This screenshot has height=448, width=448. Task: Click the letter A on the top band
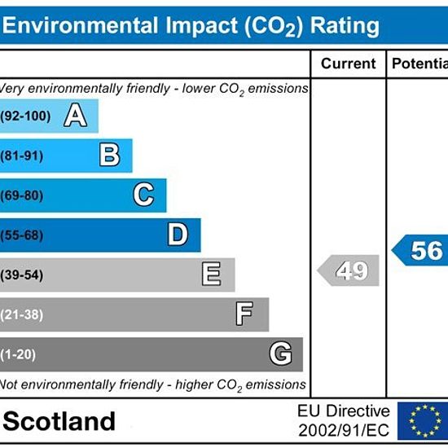(76, 115)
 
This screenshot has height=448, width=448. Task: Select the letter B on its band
(110, 155)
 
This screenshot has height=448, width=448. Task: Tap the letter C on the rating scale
(144, 195)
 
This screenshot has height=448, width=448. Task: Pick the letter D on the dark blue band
(178, 235)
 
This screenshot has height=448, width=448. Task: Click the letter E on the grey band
(212, 274)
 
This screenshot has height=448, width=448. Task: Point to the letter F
(244, 314)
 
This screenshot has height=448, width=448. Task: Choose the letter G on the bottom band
(281, 354)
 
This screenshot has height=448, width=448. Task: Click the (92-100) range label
(25, 116)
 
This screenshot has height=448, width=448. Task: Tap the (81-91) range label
(22, 156)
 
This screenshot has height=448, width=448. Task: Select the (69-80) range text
(22, 195)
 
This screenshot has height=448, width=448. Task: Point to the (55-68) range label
(22, 235)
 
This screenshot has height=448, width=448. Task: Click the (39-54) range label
(22, 275)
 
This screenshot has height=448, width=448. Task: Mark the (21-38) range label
(22, 315)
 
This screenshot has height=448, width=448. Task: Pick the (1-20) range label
(18, 354)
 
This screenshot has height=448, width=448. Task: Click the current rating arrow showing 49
(349, 270)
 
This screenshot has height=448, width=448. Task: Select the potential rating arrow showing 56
(419, 250)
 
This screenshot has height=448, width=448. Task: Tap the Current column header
(349, 64)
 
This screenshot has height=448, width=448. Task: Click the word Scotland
(59, 421)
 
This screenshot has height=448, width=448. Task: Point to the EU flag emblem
(423, 421)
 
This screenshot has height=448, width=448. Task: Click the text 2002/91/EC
(344, 430)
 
